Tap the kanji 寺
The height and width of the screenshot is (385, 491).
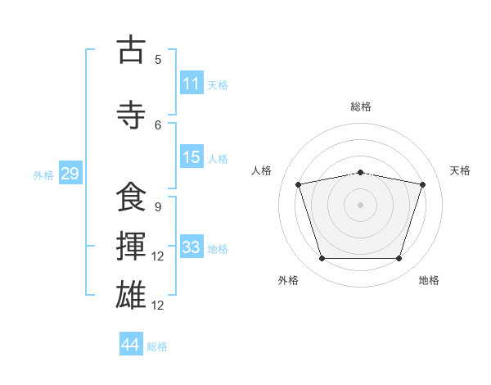tap(130, 114)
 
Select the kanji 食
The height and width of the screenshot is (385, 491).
tap(130, 197)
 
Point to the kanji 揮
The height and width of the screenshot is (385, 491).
tap(130, 246)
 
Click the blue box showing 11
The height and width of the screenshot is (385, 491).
tap(191, 84)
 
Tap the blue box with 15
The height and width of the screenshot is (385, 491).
tap(191, 157)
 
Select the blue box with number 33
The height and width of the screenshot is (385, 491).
tap(191, 247)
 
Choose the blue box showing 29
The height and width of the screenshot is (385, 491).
tap(70, 174)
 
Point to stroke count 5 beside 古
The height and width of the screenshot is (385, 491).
tap(158, 60)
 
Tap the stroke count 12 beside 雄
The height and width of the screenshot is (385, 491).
tap(158, 306)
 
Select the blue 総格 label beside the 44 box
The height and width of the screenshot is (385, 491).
tap(157, 346)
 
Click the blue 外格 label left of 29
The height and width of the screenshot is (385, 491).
tap(43, 175)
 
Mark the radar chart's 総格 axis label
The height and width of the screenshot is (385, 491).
tap(361, 106)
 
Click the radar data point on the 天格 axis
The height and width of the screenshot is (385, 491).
tap(423, 184)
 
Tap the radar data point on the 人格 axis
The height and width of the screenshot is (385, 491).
tap(299, 184)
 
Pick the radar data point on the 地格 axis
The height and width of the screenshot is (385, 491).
tap(399, 259)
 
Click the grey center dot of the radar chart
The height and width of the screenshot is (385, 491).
tap(361, 204)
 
